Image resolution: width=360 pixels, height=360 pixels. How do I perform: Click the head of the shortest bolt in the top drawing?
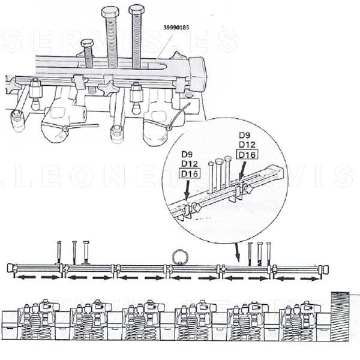[x=87, y=44]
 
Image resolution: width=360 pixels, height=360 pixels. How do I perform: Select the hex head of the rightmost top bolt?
[x=137, y=10]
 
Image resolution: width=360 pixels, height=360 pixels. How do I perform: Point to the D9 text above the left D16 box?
[x=188, y=154]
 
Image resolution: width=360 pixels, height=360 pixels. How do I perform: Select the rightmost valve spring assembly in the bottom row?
[x=298, y=321]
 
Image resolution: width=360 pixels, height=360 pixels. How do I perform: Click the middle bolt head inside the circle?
[x=219, y=162]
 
